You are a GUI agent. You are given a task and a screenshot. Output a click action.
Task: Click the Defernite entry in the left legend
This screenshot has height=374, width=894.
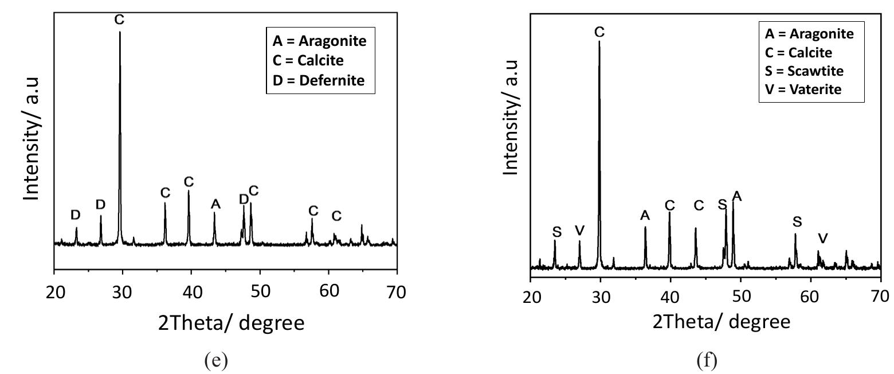pos(318,80)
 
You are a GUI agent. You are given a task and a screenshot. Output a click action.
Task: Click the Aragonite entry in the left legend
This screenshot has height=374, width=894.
pos(319,41)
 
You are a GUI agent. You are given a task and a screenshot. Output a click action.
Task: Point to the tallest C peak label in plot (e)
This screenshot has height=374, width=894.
pos(119,20)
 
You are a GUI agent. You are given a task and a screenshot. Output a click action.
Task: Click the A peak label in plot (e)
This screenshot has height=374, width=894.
pos(215,204)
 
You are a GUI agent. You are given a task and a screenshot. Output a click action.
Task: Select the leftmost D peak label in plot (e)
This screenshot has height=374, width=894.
pos(76,215)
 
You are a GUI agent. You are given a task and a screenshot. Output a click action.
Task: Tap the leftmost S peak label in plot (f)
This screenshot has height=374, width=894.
pos(556,232)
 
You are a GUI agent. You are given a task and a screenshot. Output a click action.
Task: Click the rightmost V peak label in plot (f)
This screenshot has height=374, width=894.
pos(823,238)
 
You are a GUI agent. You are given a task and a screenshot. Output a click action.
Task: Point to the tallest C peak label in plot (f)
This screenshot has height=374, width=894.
pos(599,33)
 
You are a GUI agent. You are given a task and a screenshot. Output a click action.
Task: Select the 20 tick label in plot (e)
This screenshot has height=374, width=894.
pos(54,292)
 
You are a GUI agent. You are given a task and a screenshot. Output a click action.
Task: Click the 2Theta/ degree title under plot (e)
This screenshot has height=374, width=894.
pos(231,324)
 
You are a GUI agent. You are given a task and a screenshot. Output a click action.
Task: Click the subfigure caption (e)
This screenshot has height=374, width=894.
pos(215,360)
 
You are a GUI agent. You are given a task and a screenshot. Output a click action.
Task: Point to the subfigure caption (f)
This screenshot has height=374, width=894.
pos(705,360)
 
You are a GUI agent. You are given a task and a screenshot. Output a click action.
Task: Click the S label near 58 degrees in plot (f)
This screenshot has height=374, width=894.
pos(797,222)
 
